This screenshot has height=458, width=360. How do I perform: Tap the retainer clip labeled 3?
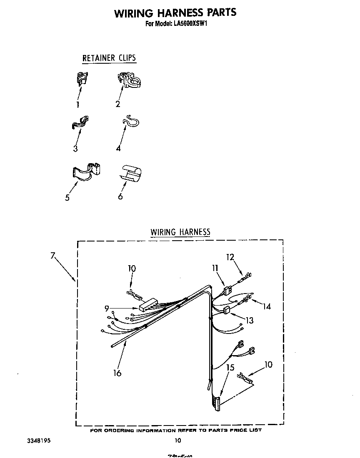coord(80,122)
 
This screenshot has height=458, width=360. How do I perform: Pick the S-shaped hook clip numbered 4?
coord(131,121)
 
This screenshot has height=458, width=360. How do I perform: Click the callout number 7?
coord(53,256)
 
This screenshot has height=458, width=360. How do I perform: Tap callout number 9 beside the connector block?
coord(107,309)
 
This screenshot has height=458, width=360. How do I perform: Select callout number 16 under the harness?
coord(117,373)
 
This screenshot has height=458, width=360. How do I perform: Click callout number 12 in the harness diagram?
coord(230,257)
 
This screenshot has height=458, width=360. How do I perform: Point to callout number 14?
coord(266,306)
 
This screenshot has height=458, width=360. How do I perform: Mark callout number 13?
coord(250,321)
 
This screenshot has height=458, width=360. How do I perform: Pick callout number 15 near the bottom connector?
coord(230,368)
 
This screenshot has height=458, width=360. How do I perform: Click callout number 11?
coord(215,269)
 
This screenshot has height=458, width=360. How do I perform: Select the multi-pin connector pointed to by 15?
coord(216,403)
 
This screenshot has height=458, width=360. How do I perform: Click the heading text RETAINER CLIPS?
coord(109,58)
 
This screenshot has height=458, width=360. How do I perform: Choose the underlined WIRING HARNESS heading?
coord(180,232)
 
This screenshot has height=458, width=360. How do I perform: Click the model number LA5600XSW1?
coord(190,24)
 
